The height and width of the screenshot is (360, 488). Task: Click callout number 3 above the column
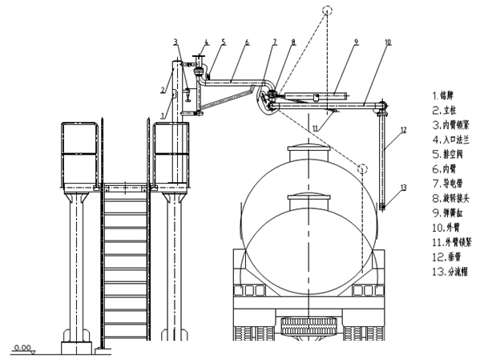175,41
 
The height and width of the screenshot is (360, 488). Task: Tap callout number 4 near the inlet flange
206,42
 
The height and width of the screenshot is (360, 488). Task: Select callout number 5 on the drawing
224,42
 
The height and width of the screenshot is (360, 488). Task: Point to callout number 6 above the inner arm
248,42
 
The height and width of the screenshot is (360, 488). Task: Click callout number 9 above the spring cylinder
356,42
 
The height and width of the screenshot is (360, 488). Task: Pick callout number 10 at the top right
388,42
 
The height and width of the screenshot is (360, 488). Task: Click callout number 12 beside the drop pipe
403,128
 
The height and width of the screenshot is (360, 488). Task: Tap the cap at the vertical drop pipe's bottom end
382,208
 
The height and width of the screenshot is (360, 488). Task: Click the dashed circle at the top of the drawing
326,11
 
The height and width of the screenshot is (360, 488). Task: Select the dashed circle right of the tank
363,169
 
